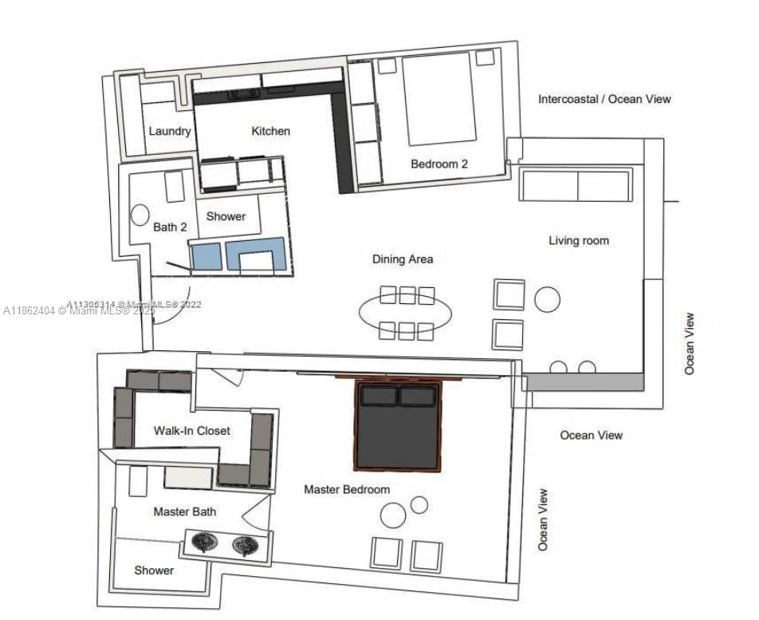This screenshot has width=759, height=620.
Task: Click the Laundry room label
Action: point(170,131)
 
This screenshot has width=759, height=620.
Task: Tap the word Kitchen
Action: point(271,131)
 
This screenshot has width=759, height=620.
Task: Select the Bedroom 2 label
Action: point(439,164)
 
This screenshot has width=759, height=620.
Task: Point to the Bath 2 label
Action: point(170,227)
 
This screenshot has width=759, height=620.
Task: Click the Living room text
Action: point(578,240)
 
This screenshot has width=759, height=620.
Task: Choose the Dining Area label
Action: point(403,259)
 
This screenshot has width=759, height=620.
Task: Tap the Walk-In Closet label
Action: point(192,431)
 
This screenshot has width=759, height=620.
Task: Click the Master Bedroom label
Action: point(347,489)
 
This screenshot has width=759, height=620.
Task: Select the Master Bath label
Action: point(185,511)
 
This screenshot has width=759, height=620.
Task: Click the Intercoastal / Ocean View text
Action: point(604,100)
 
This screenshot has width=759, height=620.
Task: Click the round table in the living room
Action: point(548,299)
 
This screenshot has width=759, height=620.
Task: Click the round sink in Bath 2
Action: point(140,214)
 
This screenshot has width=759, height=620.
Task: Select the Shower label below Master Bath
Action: point(154,571)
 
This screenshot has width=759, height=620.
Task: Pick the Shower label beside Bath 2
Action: point(226,216)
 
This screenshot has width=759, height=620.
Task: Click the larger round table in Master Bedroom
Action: point(393,515)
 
